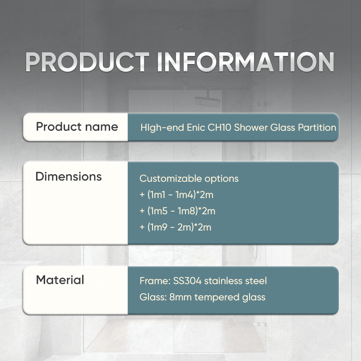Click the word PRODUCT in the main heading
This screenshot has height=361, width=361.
tap(87, 62)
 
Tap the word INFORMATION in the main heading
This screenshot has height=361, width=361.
tap(245, 62)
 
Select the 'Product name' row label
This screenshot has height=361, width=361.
tap(77, 127)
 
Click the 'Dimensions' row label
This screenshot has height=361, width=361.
tap(69, 176)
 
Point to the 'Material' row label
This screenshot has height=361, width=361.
tap(60, 280)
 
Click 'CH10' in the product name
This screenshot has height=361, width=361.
tap(219, 128)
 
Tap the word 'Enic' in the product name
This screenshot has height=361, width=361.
tap(196, 128)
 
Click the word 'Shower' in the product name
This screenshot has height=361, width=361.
tap(250, 128)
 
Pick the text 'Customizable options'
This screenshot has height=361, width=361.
tap(189, 179)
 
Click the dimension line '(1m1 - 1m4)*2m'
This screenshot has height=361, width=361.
tap(180, 195)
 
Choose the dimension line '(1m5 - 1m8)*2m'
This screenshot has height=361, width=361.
tap(181, 211)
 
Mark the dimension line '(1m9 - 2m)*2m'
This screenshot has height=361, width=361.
tap(179, 227)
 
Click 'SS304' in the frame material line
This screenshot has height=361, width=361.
tap(187, 281)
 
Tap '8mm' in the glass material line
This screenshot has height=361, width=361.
tap(180, 297)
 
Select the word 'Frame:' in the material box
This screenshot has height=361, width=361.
tap(155, 281)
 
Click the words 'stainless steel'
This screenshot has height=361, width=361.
tap(236, 281)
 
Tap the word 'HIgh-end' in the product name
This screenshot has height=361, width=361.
tap(162, 128)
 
